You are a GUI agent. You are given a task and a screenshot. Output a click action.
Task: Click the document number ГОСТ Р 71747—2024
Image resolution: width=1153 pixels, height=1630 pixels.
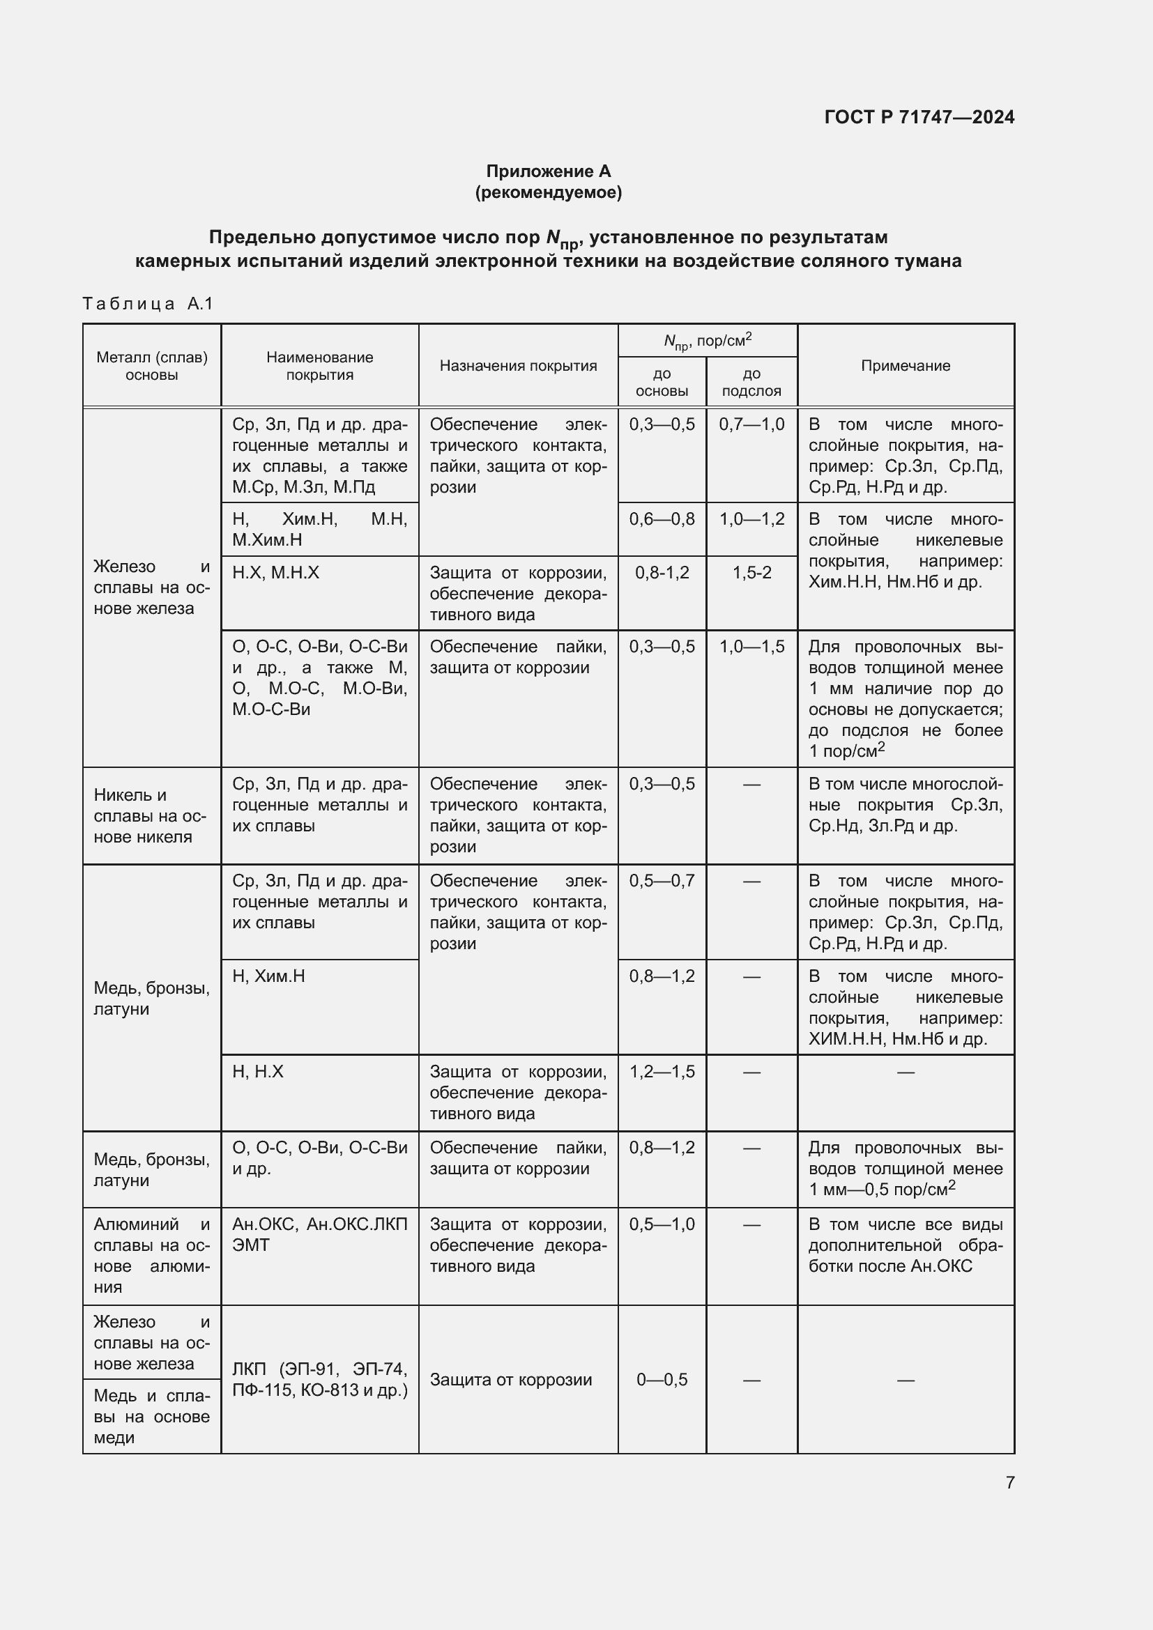coord(919,117)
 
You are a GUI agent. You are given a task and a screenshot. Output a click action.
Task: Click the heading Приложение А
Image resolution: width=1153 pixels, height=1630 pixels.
coord(548,171)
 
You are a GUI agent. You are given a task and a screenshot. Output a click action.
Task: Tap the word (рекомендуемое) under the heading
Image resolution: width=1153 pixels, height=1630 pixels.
coord(548,192)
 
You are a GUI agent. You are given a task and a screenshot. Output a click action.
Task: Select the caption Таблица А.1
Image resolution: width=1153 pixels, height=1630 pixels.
coord(148,304)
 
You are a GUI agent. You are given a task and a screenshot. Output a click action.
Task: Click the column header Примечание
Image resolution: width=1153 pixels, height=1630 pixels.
coord(906,366)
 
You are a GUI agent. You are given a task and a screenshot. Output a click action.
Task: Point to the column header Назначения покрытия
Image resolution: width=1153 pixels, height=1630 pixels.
coord(518,366)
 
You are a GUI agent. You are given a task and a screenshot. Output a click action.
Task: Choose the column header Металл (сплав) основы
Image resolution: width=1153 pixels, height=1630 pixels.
coord(152,366)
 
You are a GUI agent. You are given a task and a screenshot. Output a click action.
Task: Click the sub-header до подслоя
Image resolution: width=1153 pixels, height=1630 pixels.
coord(751,382)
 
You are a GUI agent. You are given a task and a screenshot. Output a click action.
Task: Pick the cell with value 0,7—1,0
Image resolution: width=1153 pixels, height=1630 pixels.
coord(751,424)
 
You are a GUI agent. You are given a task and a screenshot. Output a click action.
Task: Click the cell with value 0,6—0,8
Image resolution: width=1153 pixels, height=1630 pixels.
coord(662,519)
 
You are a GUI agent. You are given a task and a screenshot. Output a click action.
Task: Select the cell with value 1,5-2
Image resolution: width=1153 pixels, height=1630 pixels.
coord(751,572)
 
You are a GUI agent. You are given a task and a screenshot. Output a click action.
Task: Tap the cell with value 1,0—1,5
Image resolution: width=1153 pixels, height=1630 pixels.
coord(751,647)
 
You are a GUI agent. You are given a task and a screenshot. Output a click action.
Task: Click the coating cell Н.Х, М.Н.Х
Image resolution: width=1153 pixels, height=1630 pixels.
coord(275,572)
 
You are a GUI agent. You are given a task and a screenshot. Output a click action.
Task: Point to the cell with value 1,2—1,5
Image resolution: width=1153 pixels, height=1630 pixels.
coord(662,1071)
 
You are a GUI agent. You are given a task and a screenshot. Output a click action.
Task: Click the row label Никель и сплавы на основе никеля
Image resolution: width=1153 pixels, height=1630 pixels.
coord(151,816)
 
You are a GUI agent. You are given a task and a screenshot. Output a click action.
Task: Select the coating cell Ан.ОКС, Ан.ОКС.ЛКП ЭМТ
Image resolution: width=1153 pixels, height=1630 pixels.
coord(319,1235)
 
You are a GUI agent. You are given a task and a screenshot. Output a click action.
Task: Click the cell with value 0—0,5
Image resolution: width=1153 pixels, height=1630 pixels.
coord(662,1379)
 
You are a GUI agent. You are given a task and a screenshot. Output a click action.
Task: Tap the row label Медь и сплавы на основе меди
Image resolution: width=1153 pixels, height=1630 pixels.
coord(151,1416)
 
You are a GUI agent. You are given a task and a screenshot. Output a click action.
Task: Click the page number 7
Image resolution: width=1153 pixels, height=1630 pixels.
coord(1009,1482)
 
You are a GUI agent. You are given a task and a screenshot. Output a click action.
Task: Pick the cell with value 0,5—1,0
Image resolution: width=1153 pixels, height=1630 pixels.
coord(662,1224)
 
